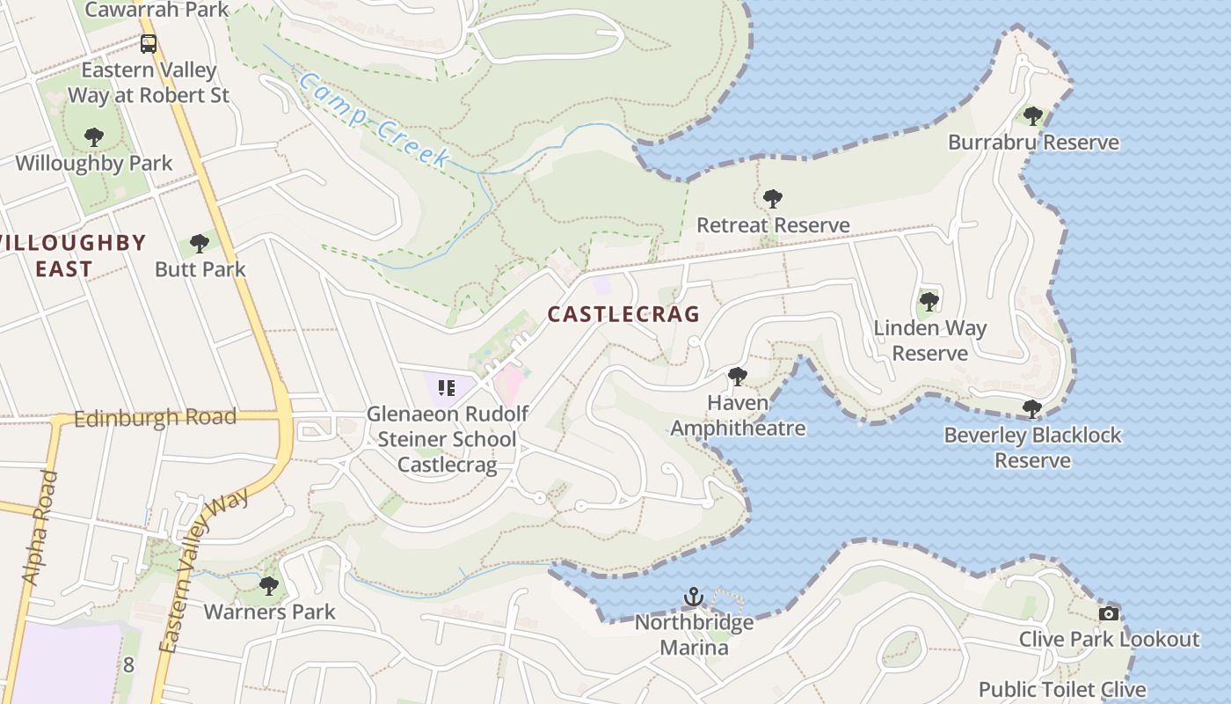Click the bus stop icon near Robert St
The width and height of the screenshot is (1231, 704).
(149, 43)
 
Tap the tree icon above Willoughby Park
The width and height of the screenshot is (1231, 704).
(94, 137)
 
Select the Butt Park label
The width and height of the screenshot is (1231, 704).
(200, 269)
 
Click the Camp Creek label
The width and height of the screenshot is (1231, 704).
(374, 120)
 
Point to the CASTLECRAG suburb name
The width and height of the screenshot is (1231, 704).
(623, 314)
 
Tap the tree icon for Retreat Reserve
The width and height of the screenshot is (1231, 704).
(773, 199)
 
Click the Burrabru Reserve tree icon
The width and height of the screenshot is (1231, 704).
(1033, 115)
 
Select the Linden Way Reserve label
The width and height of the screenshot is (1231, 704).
(929, 341)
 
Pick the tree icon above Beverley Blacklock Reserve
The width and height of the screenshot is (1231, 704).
(1032, 409)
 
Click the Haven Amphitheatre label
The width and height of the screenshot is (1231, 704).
(738, 415)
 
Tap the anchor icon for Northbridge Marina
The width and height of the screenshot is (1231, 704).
(695, 598)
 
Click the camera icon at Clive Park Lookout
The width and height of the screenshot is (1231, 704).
(1109, 613)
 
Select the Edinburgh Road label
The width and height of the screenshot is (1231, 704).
(155, 418)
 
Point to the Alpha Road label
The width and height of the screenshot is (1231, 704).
(40, 528)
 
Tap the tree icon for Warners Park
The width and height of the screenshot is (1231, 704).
(269, 585)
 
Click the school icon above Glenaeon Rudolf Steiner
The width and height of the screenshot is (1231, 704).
(446, 387)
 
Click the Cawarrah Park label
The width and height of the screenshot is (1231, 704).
(157, 11)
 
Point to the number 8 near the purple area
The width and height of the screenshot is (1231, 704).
(128, 664)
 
